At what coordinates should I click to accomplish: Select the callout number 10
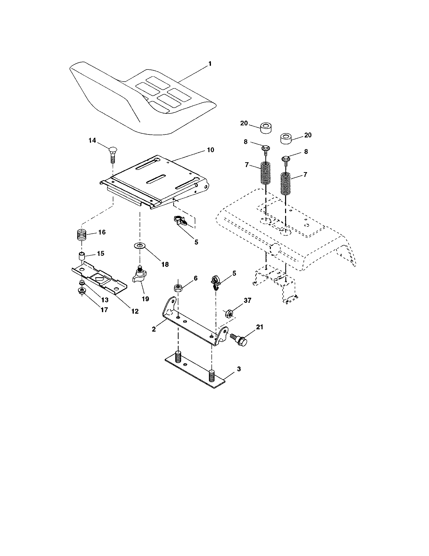tap(210, 150)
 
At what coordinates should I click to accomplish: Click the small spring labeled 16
tap(82, 235)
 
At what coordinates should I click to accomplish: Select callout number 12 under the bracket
tap(135, 311)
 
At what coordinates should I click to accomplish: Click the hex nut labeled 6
tap(178, 288)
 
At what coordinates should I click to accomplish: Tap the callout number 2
tap(154, 329)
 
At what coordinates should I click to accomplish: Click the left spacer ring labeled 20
tap(266, 127)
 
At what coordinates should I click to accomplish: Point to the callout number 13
tap(105, 300)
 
